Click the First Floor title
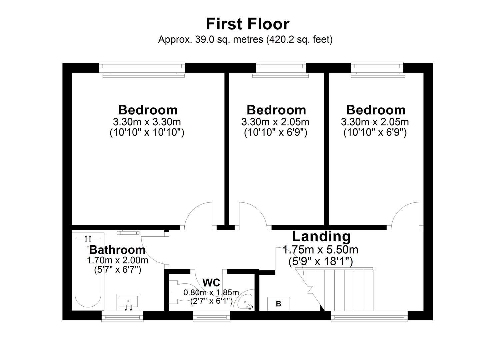coord(247,24)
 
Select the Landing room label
coord(321,236)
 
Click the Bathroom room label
coord(117,250)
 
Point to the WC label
coord(211,283)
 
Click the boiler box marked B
coord(278,304)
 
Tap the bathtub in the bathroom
coord(88,272)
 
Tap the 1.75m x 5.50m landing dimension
coord(320,249)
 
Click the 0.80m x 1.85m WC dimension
coord(211,293)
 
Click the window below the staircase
coord(369,316)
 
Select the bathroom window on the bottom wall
coord(122,316)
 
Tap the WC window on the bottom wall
coord(211,316)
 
